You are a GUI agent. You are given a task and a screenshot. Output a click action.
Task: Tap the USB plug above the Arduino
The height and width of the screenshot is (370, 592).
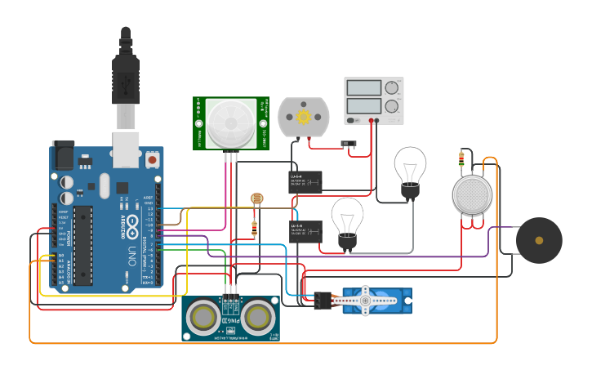coord(125,82)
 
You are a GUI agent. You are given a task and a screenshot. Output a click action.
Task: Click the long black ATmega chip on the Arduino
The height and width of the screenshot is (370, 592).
coord(83,245)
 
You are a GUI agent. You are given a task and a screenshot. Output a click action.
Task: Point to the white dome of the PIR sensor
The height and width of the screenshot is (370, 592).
coord(225,123)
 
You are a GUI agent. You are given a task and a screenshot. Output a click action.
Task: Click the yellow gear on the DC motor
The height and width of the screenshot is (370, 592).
coord(304,117)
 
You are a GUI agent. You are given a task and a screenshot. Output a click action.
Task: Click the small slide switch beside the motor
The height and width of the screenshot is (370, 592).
coord(349,145)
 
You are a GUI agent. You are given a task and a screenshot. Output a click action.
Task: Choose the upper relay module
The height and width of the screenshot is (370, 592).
coord(306,181)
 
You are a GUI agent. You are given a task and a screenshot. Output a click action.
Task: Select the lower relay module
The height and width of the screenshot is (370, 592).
coord(305,231)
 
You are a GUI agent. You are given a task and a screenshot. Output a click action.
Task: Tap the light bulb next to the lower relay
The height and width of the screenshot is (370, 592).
coord(347,221)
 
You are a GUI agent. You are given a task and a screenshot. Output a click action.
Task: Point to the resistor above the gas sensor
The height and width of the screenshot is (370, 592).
coord(462,158)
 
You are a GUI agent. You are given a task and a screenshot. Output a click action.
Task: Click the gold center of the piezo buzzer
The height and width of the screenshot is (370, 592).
coord(538,240)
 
